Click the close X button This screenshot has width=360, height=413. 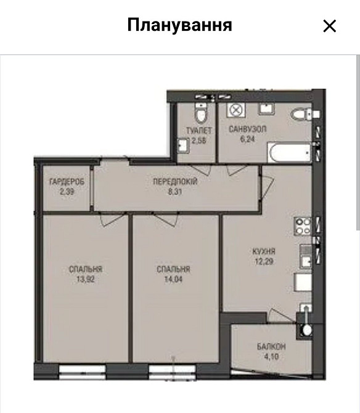329,26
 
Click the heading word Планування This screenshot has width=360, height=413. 179,25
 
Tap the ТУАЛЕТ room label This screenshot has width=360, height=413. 199,131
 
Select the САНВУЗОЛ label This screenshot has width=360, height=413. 248,129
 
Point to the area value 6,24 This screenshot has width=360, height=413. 248,139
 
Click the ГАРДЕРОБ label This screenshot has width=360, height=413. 67,182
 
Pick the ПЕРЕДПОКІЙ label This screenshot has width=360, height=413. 175,182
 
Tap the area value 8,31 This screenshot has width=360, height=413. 175,192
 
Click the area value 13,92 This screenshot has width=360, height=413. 85,279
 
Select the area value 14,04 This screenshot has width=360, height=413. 173,279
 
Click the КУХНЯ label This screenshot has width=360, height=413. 264,251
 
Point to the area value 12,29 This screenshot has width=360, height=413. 264,261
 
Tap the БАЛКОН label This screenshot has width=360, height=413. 271,346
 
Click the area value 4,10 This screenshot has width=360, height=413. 271,356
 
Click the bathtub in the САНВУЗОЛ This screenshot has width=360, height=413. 289,152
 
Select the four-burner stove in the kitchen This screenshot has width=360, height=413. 303,226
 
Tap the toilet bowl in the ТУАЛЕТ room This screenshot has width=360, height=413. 201,113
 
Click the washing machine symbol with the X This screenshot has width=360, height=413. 236,110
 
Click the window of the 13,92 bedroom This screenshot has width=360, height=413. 83,372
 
